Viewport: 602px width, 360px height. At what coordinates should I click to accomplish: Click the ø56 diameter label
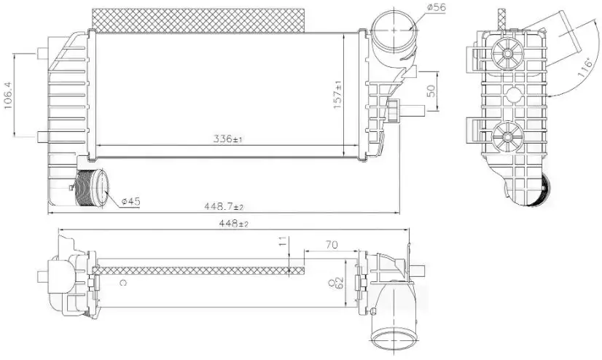(436, 7)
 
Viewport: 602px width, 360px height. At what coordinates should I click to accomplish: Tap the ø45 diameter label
(130, 201)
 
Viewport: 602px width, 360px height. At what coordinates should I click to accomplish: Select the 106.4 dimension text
(8, 95)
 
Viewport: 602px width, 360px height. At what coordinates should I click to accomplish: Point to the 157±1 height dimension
(338, 95)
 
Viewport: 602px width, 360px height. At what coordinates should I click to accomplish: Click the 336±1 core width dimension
(227, 138)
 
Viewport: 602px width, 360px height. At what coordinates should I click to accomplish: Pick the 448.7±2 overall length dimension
(224, 206)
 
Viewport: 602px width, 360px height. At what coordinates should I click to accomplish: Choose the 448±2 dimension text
(233, 224)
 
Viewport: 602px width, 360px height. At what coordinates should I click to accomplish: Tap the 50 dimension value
(431, 90)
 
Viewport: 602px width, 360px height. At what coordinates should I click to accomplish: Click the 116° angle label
(585, 69)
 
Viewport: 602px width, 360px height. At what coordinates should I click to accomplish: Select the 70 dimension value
(332, 244)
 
